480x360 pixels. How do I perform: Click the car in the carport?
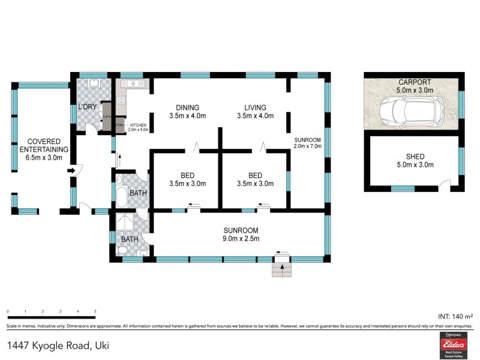click(412, 110)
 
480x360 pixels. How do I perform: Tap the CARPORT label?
click(414, 82)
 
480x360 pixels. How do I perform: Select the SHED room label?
click(414, 157)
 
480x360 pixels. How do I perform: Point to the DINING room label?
click(187, 107)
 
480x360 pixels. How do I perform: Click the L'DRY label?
click(88, 107)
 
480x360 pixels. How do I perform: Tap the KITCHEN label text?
click(139, 125)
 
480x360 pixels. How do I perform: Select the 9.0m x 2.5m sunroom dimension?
click(241, 239)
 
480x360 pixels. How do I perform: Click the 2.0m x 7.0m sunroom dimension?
click(308, 146)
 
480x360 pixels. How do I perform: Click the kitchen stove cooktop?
click(121, 101)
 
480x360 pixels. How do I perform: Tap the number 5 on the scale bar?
click(95, 311)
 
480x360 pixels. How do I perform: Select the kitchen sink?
click(133, 83)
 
